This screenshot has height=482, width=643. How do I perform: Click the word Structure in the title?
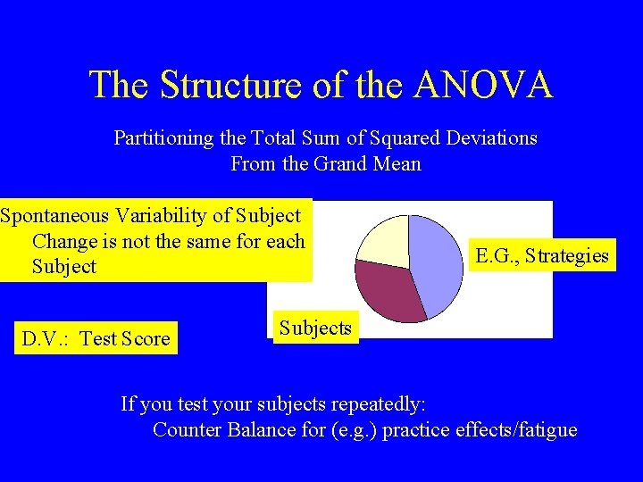(x=232, y=85)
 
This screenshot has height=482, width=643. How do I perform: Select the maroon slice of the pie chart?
(x=388, y=290)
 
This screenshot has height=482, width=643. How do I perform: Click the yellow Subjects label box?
(x=315, y=328)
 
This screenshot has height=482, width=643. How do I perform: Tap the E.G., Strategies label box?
(x=542, y=256)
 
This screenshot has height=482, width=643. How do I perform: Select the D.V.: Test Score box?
(x=96, y=338)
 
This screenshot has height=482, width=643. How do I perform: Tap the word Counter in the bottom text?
(x=186, y=429)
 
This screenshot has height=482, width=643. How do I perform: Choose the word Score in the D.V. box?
(x=146, y=338)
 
